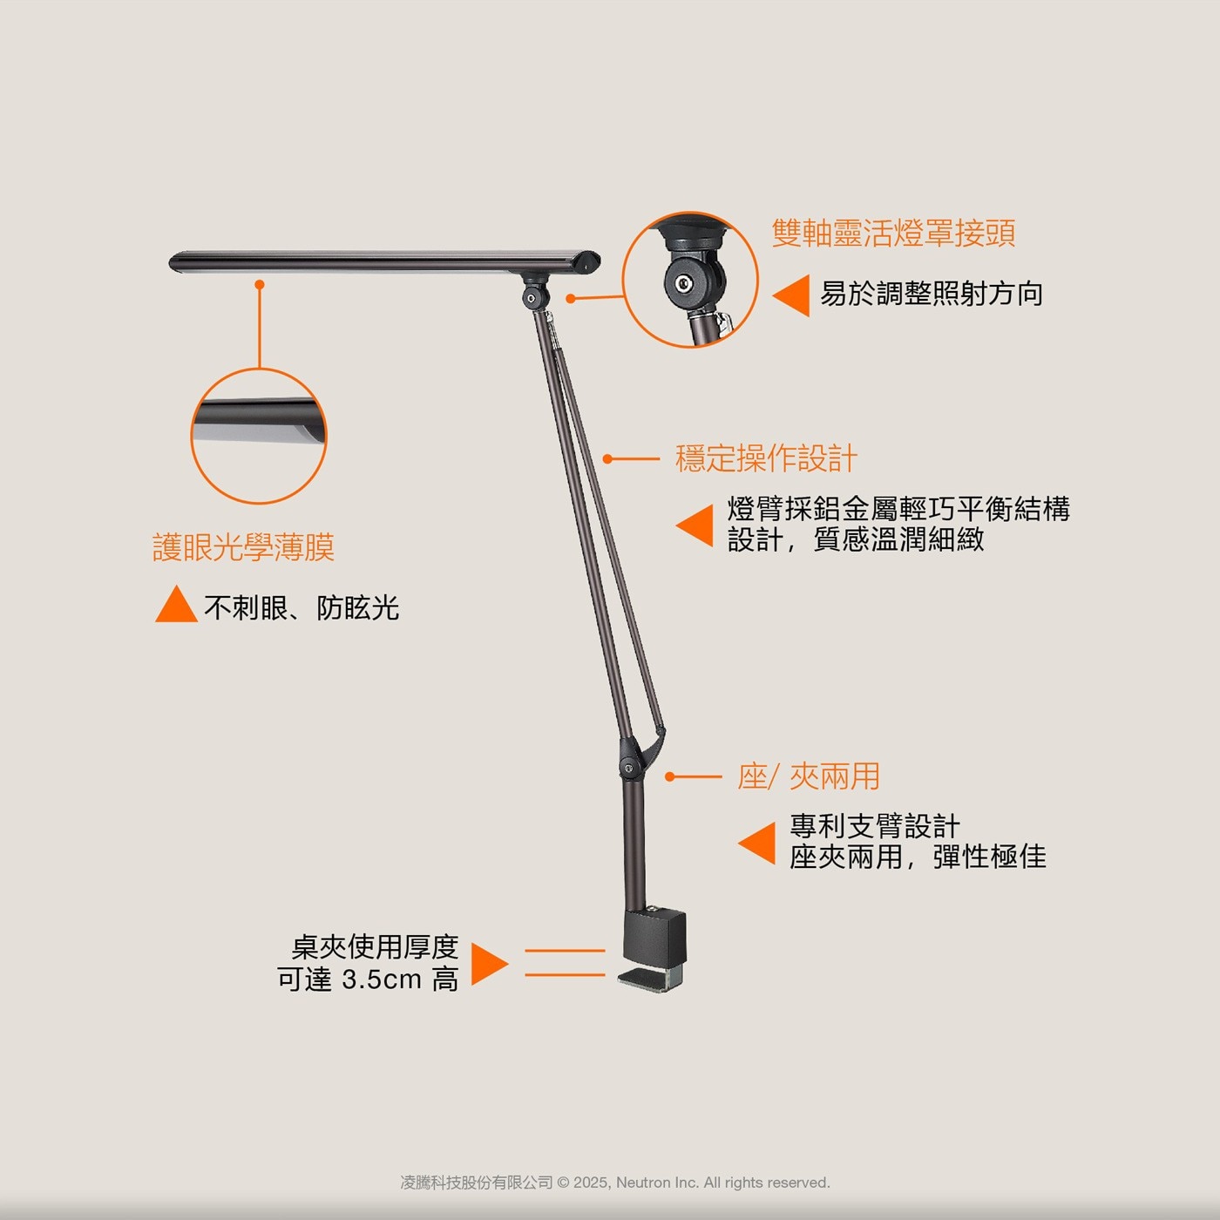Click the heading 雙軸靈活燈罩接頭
coord(893,233)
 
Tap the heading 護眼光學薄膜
coord(243,547)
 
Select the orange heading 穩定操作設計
coord(766,458)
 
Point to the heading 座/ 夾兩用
coord(809,776)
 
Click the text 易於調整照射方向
coord(932,294)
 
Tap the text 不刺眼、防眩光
coord(302,607)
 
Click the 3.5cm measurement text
coord(381,979)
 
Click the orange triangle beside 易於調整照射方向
coord(791,295)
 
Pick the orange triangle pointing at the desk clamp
coord(490,964)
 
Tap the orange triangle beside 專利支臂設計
coord(756,844)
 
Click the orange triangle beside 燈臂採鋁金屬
coord(695,525)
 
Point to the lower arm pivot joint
coord(628,768)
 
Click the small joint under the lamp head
coord(531,297)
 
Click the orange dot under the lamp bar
coord(260,285)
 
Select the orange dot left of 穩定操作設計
coord(607,459)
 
